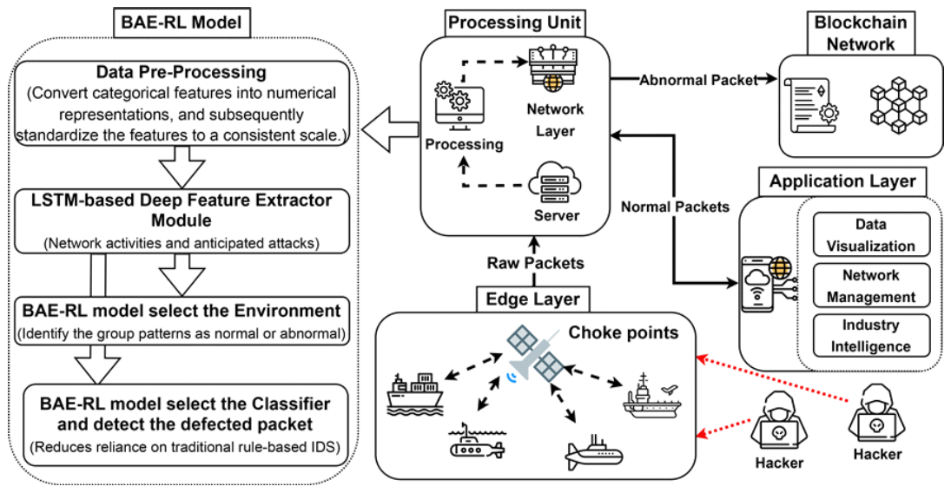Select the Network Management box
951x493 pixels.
pos(870,285)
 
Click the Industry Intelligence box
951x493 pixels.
pos(870,336)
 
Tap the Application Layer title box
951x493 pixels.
pos(842,182)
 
